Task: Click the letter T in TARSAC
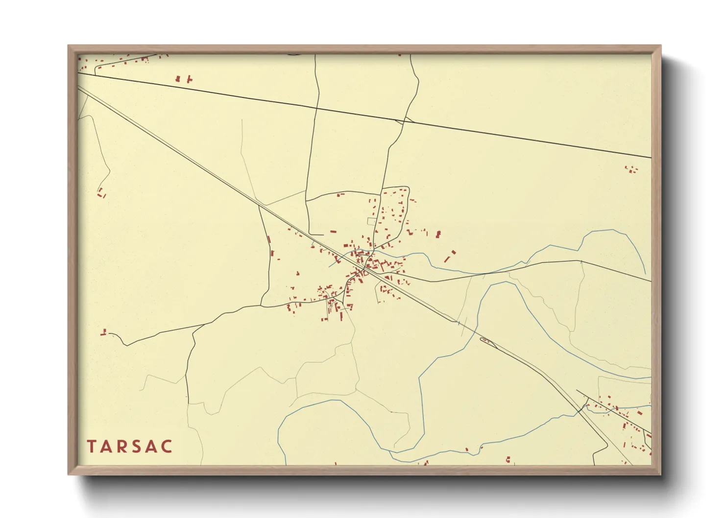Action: (92, 447)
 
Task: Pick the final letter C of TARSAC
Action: (168, 447)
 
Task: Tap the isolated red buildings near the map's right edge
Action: (631, 169)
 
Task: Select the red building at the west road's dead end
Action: (103, 333)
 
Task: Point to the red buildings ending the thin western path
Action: (101, 193)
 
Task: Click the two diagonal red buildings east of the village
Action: (450, 256)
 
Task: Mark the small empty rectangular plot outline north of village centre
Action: (372, 221)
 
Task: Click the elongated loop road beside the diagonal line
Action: (489, 342)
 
